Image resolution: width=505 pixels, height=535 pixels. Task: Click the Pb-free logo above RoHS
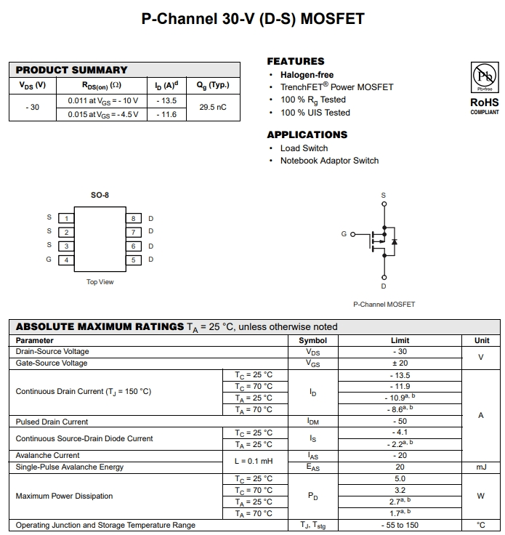coord(484,76)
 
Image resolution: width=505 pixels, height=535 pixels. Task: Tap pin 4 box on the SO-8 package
coord(66,260)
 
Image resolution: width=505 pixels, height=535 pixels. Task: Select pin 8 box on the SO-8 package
coord(134,218)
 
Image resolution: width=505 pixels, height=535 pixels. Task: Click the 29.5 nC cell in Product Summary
coord(213,108)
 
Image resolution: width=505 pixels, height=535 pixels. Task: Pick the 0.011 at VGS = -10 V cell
coord(102,100)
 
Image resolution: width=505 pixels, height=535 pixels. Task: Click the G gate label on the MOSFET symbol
coord(344,234)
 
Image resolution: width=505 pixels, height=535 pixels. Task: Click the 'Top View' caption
coord(100,282)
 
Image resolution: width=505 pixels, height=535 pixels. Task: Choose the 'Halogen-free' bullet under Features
coord(307,75)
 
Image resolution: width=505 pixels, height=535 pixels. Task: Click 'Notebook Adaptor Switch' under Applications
coord(329,161)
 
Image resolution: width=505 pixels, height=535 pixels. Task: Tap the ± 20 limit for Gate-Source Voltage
coord(400,363)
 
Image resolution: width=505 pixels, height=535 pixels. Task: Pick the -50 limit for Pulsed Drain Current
coord(400,422)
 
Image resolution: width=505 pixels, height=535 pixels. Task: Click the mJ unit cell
coord(481,467)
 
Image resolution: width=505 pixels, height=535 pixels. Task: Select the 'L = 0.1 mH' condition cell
coord(254,462)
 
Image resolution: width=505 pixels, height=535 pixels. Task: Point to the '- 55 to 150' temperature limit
coord(400,525)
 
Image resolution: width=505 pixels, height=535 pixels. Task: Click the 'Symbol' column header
coord(312,340)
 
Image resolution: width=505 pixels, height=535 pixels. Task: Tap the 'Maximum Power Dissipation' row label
coord(65,496)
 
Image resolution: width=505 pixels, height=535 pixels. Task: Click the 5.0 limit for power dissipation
coord(400,479)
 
